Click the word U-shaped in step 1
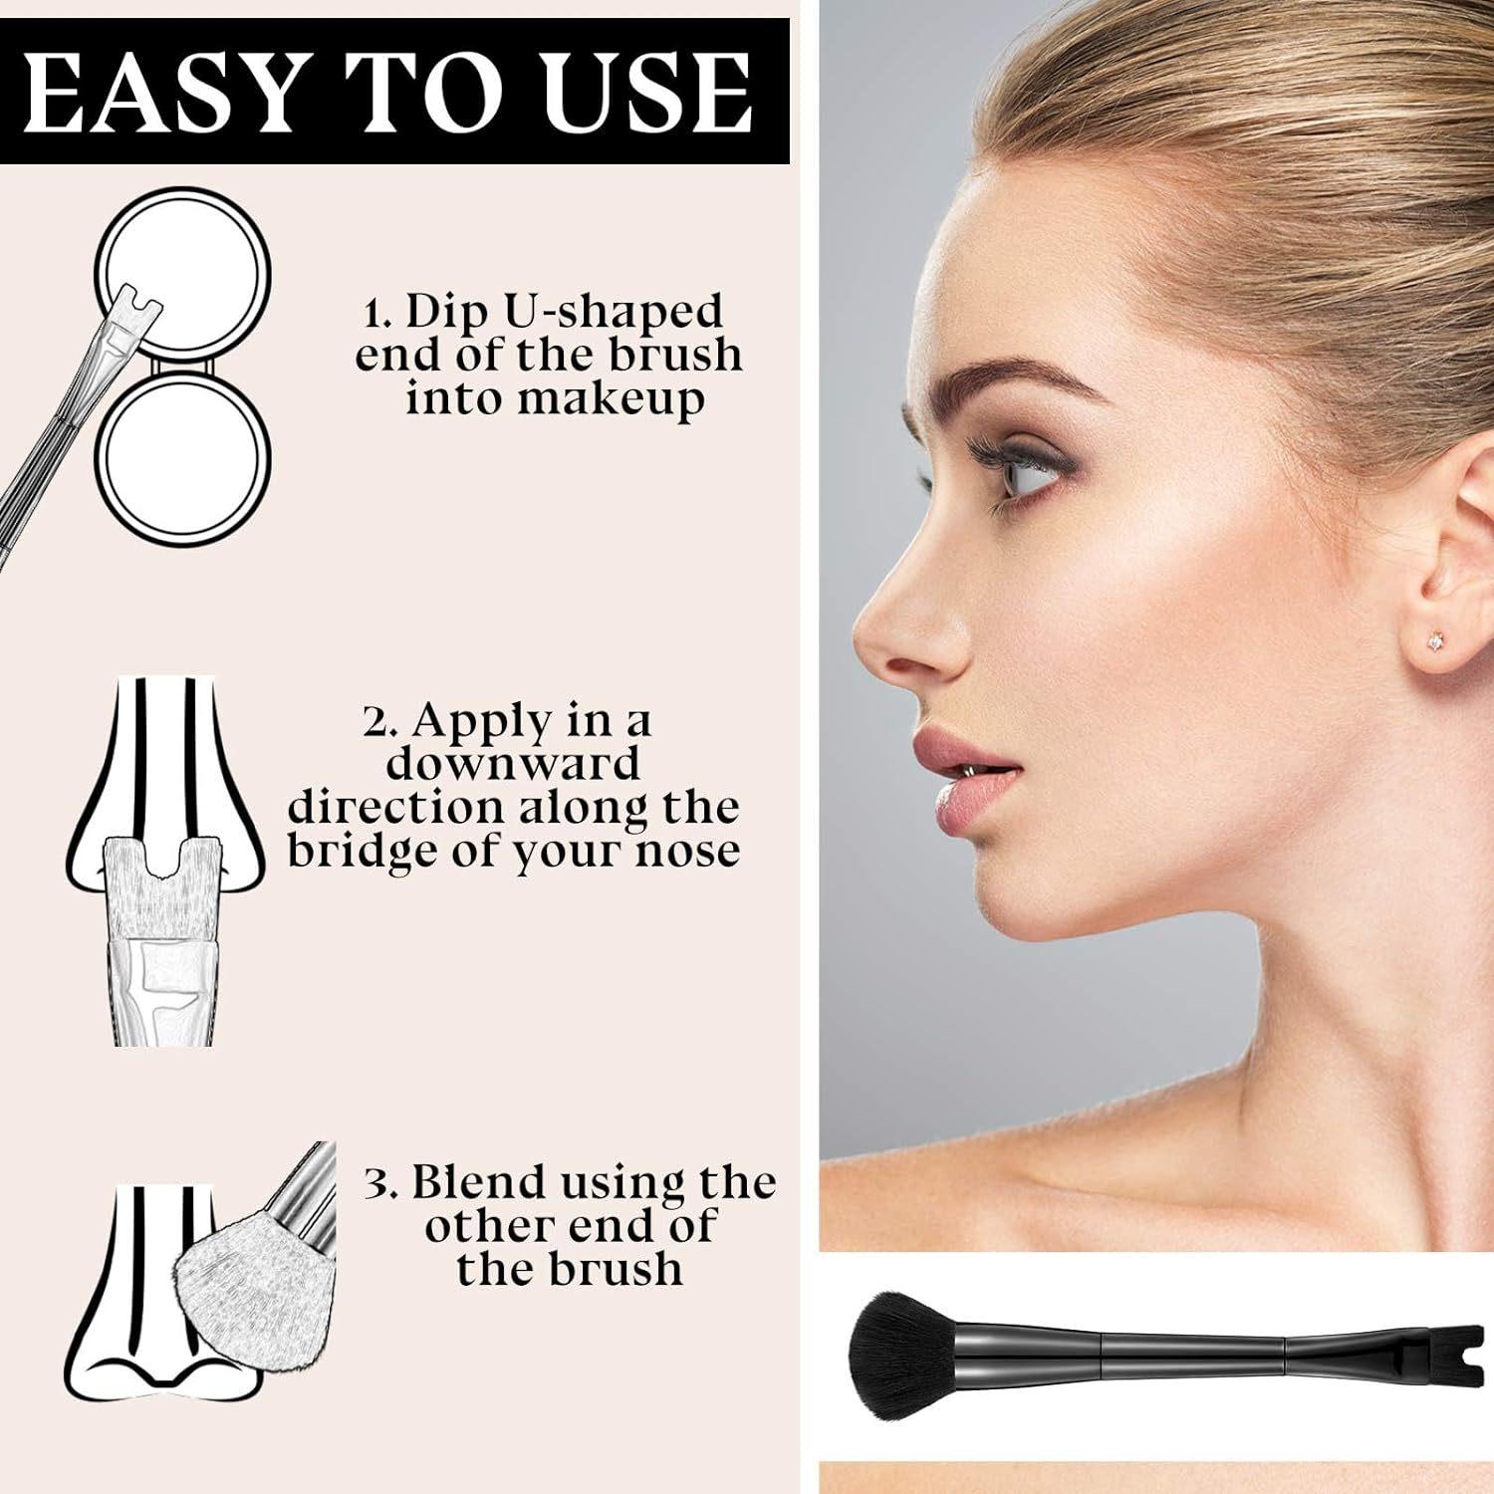click(565, 313)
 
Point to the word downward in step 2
click(513, 764)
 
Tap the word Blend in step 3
click(479, 1182)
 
